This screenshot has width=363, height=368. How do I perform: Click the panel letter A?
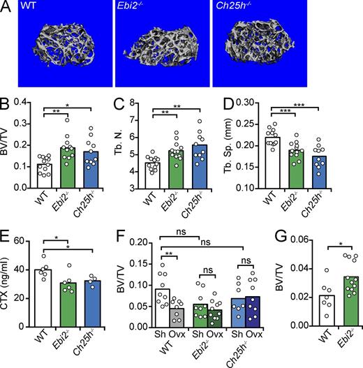6,6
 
